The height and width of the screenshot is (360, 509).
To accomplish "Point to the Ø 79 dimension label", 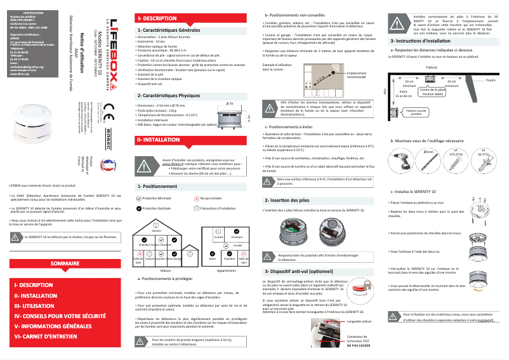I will (230, 102).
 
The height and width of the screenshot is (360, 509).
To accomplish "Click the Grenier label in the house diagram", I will (156, 230).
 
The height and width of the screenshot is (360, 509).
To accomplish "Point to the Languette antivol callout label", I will (359, 321).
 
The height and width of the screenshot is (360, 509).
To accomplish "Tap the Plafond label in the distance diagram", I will (432, 67).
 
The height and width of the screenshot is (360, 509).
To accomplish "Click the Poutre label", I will (491, 81).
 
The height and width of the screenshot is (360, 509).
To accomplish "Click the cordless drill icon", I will (403, 161).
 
